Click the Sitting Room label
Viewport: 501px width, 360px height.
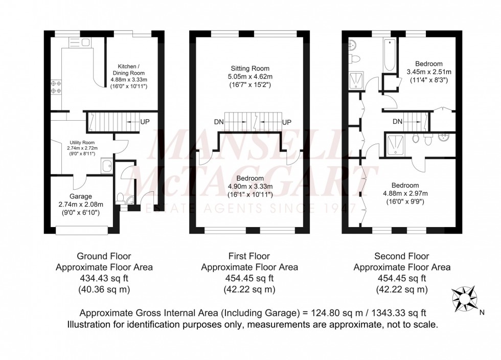(249, 69)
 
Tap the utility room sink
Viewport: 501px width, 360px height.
(107, 166)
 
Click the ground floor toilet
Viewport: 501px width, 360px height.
(120, 198)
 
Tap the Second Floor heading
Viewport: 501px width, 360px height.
(401, 256)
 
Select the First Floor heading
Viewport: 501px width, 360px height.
(249, 256)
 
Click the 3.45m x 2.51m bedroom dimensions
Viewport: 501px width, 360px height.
(429, 72)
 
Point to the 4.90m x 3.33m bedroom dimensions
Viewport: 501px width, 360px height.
(249, 186)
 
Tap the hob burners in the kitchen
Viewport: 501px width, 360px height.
(56, 87)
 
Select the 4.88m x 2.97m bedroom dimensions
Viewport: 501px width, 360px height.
(405, 193)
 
